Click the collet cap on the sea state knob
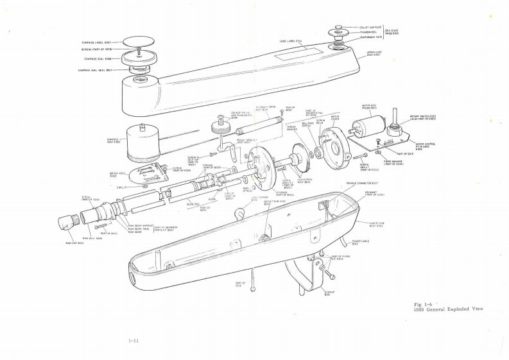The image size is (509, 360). pyautogui.click(x=338, y=28)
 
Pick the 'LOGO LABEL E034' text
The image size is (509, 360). pyautogui.click(x=291, y=41)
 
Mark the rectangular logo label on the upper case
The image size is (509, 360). pyautogui.click(x=291, y=56)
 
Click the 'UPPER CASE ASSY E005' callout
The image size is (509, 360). pyautogui.click(x=374, y=53)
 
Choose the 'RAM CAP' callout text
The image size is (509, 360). pyautogui.click(x=74, y=243)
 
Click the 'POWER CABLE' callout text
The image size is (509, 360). pyautogui.click(x=360, y=242)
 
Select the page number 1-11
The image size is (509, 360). pyautogui.click(x=134, y=341)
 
